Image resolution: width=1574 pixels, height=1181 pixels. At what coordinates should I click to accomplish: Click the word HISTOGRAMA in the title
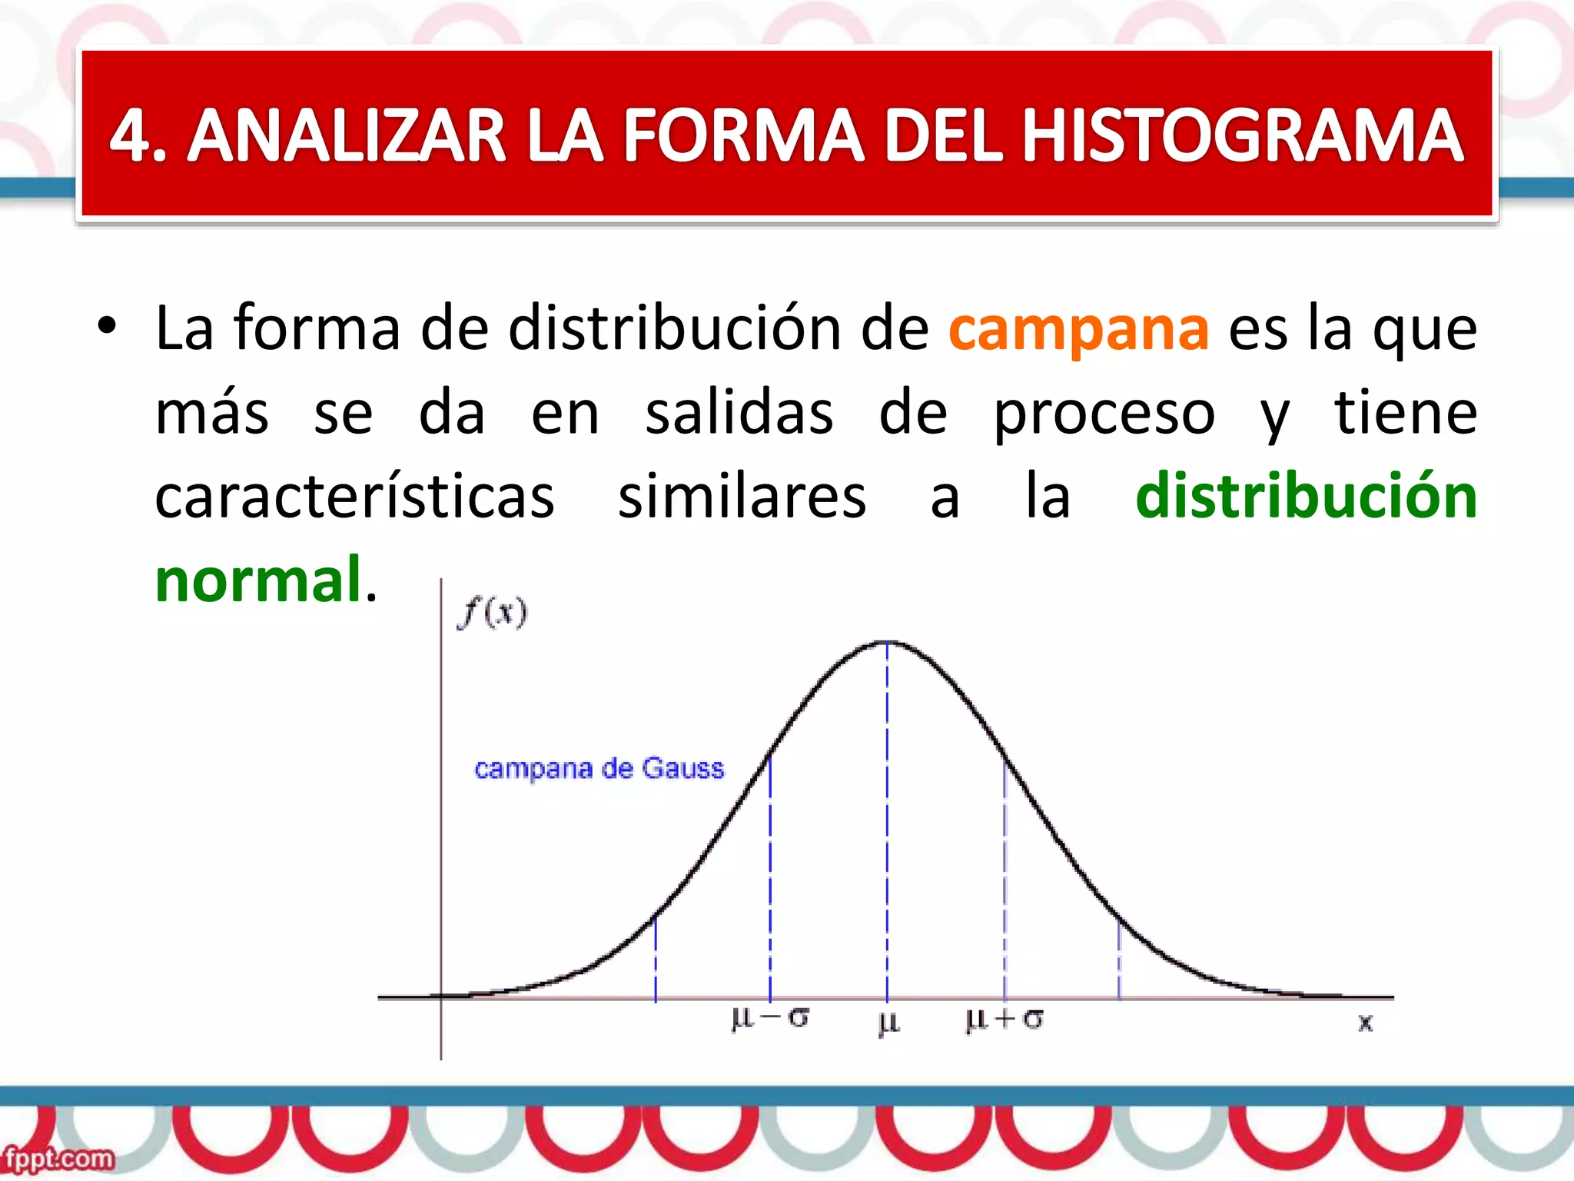tap(1241, 136)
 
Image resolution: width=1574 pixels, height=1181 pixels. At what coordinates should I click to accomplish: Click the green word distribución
tap(1306, 496)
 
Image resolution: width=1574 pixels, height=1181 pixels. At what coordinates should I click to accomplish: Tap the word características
tap(354, 496)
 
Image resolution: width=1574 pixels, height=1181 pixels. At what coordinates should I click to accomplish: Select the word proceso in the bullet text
tap(1104, 413)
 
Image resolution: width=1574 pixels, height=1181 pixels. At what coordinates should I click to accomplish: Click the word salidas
tap(739, 413)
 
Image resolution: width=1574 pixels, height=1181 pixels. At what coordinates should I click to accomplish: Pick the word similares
tap(742, 496)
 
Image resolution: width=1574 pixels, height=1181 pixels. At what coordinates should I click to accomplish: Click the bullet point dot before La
tap(107, 326)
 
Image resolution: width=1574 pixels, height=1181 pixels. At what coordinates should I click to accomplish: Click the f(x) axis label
tap(493, 613)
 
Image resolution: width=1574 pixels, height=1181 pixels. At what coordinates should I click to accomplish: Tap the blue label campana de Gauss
tap(599, 768)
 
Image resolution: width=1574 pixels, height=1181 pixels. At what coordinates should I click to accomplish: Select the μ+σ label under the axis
tap(1004, 1020)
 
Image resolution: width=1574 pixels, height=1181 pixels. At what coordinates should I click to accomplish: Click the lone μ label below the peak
tap(888, 1023)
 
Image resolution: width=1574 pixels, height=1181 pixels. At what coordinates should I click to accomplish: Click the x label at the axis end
tap(1365, 1023)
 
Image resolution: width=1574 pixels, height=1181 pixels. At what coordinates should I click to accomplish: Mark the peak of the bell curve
tap(888, 642)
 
